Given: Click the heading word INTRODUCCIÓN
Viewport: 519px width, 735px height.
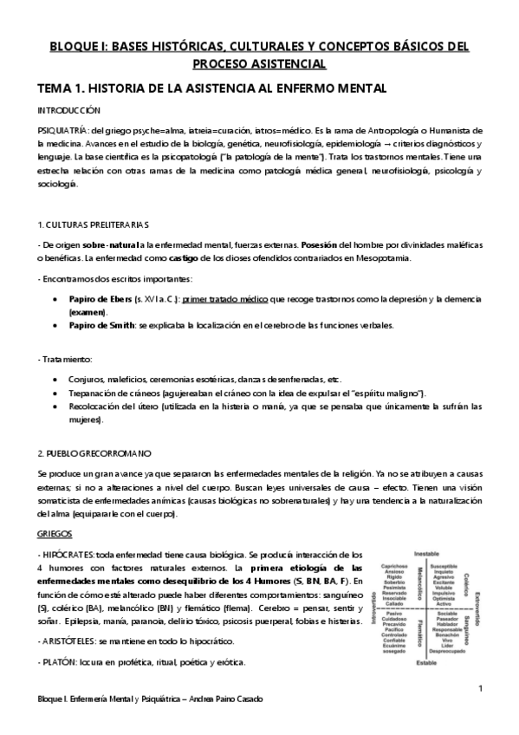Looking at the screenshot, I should [68, 111].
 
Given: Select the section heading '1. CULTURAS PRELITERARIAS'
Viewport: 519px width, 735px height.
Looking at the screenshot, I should [94, 225].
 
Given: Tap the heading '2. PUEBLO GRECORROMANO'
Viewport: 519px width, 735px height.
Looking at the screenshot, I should [94, 452].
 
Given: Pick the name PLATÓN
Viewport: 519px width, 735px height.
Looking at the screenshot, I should [60, 637].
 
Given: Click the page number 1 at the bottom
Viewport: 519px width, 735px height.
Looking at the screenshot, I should [479, 689].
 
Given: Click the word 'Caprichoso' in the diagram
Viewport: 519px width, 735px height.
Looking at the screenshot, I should [394, 563].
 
